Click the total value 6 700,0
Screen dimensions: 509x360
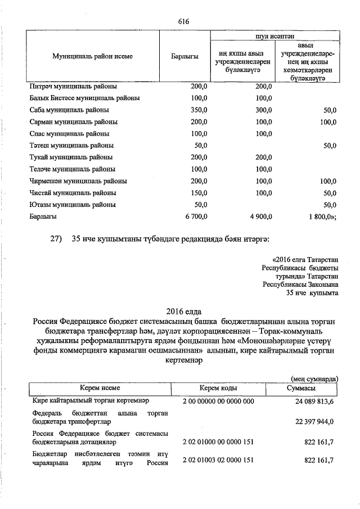tap(195, 217)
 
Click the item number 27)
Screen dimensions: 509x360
tap(56, 240)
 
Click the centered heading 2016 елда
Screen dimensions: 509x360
tap(183, 311)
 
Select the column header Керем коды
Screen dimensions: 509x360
tap(218, 389)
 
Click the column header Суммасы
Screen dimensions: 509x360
tap(300, 389)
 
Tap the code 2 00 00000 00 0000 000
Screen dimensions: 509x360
tap(218, 401)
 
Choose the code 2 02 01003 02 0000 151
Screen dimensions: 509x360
tap(218, 461)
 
